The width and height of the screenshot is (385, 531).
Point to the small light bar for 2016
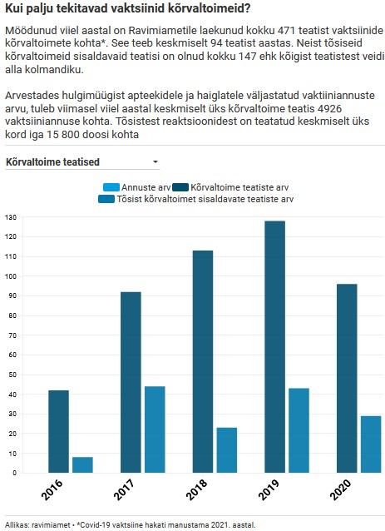(x=82, y=464)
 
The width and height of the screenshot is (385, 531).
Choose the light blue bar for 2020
(x=371, y=444)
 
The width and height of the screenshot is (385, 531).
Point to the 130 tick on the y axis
(x=11, y=217)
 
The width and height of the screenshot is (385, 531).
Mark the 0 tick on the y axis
(x=13, y=473)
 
